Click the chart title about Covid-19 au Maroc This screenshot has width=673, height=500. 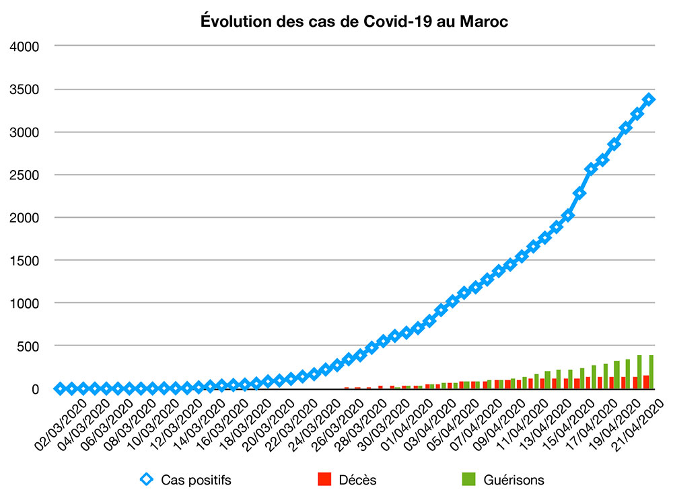(x=355, y=22)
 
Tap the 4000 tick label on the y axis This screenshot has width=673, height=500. (x=26, y=46)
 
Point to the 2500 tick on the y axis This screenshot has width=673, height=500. (x=26, y=175)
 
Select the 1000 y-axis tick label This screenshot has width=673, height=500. (x=26, y=303)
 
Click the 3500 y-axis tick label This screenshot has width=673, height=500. (x=26, y=89)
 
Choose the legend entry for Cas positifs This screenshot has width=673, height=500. (x=195, y=480)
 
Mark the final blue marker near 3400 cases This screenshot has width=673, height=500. (x=649, y=99)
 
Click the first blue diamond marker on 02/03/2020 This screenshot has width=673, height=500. (x=60, y=388)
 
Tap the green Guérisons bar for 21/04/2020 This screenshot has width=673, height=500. (x=651, y=372)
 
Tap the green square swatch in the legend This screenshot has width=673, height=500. (x=468, y=480)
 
